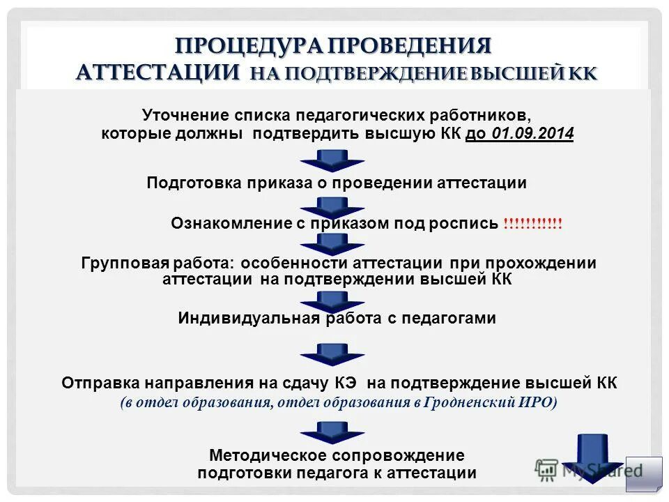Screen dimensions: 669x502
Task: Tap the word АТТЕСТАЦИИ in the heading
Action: [x=159, y=73]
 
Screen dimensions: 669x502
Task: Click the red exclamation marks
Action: [x=532, y=224]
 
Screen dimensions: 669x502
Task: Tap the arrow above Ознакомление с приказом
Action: [x=333, y=206]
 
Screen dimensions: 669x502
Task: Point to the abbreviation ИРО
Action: [x=537, y=402]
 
